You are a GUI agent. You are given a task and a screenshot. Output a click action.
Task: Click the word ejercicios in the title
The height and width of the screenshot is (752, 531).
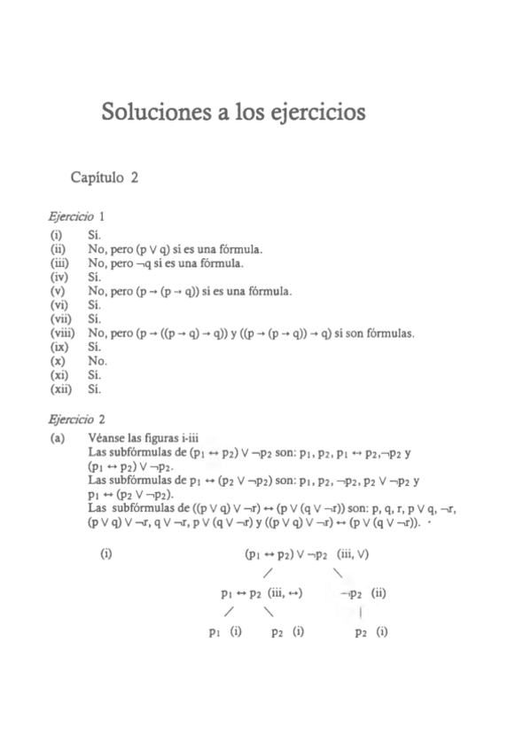coord(310,114)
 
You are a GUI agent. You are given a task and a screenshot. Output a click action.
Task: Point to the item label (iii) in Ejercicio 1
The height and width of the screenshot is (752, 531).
coord(59,263)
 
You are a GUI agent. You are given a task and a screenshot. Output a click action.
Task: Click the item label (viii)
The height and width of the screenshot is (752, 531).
coord(62,333)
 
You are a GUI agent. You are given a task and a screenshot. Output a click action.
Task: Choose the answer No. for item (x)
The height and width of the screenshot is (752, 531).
coord(98,361)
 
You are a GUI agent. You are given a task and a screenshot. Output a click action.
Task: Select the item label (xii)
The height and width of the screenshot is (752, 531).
coord(60,388)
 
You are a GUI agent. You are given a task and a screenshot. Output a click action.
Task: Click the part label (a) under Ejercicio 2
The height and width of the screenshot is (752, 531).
coord(59,438)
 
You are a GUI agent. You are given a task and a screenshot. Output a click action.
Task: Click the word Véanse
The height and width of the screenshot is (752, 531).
coord(109,438)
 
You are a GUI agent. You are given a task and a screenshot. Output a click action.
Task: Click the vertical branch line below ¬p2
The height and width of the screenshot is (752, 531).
coord(363,612)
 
